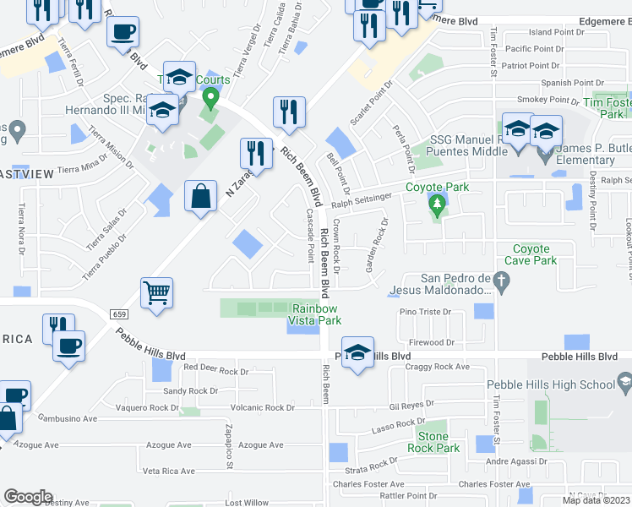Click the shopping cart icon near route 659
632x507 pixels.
click(x=156, y=293)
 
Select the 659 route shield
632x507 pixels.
click(x=118, y=313)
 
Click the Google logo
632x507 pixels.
click(x=28, y=497)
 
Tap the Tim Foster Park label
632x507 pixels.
click(x=611, y=108)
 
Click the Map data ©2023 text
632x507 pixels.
click(x=597, y=500)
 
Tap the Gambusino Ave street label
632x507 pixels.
click(x=67, y=418)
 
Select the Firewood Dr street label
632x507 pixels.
click(x=431, y=342)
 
